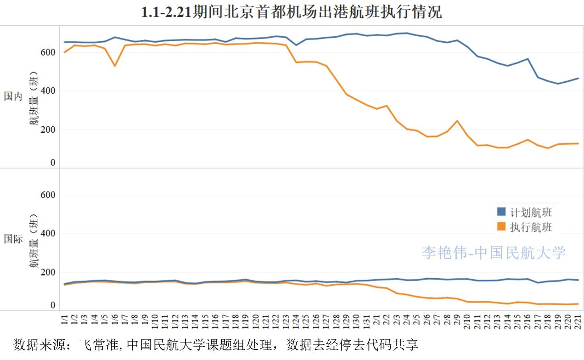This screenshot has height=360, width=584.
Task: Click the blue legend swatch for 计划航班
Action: [x=501, y=212]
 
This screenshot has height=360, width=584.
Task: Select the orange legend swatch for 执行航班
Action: [x=501, y=226]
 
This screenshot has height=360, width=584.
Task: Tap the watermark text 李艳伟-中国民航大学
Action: [x=494, y=252]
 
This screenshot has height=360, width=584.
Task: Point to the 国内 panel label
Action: [x=13, y=96]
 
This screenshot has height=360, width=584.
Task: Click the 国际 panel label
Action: [x=13, y=239]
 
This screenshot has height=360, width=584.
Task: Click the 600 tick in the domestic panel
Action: [x=48, y=52]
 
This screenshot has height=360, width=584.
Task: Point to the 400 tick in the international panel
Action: [x=48, y=233]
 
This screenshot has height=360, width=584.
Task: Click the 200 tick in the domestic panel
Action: [x=48, y=129]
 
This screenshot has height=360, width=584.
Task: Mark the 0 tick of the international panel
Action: [x=53, y=305]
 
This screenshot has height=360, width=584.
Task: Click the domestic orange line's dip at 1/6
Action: [x=115, y=66]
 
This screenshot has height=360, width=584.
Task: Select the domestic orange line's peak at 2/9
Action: [x=457, y=121]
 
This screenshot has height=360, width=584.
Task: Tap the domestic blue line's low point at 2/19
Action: [x=557, y=84]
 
